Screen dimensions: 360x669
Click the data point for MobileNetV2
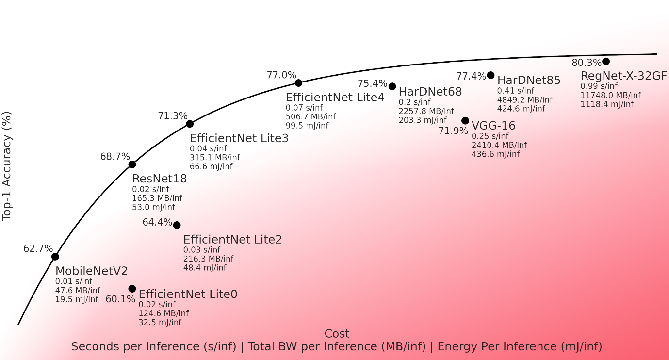(x=55, y=257)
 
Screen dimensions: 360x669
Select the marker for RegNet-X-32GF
(x=606, y=62)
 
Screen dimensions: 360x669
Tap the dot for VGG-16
(x=465, y=121)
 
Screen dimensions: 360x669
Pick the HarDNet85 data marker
(x=491, y=75)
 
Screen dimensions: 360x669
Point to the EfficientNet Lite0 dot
(x=132, y=289)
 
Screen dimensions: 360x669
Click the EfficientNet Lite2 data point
(x=177, y=225)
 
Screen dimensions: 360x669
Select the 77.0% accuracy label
(x=281, y=75)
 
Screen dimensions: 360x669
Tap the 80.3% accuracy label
(x=587, y=63)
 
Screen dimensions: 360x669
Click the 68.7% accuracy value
(x=115, y=157)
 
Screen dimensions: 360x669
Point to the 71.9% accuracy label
(x=453, y=131)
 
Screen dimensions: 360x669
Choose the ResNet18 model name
(x=160, y=179)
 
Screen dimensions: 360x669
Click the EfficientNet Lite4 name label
(x=335, y=98)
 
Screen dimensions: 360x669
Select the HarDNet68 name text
(x=430, y=91)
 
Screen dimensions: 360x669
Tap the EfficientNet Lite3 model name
(x=239, y=138)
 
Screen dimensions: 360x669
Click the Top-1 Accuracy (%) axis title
(x=7, y=166)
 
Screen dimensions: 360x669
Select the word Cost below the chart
(x=337, y=334)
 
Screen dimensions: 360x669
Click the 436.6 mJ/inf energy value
(x=495, y=154)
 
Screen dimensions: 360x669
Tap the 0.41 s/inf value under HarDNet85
(x=515, y=91)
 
